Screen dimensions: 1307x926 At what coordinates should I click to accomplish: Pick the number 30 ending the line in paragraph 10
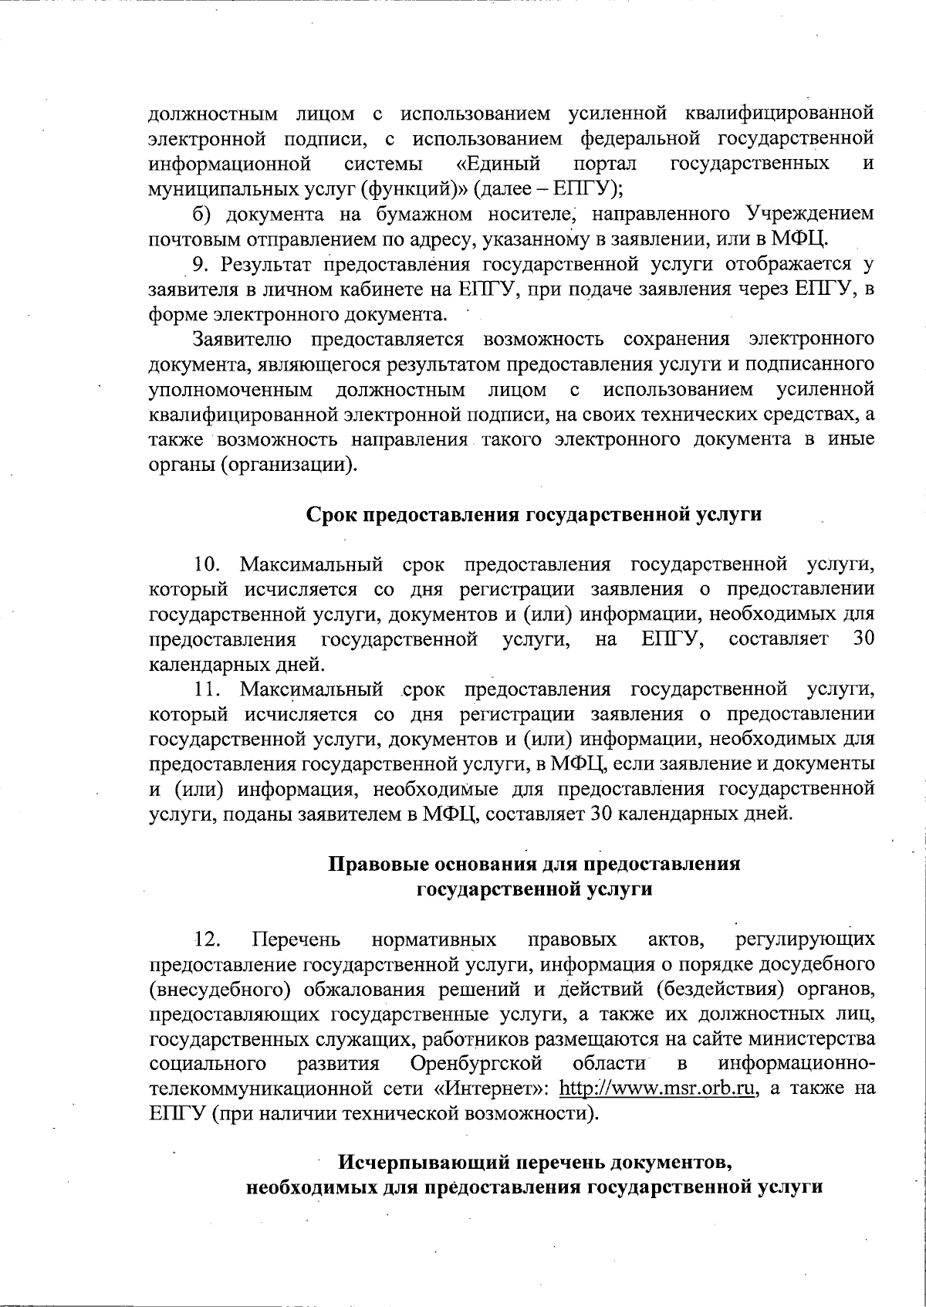click(863, 639)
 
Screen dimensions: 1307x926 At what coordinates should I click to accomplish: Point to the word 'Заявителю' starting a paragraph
click(242, 339)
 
